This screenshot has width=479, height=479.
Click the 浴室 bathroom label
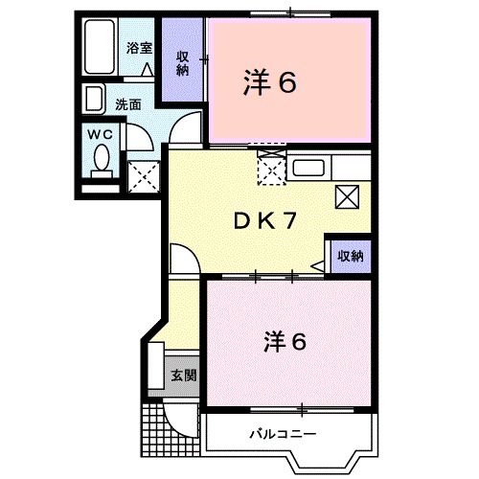pos(140,47)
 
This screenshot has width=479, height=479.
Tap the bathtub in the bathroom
pos(99,46)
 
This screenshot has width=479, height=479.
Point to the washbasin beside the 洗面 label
pos(94,100)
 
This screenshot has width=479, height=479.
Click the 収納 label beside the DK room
pos(350,256)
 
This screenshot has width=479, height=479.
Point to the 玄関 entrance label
pos(184,375)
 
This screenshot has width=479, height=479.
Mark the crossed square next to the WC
pos(142,175)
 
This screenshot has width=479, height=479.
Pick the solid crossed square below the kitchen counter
pos(347,197)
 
